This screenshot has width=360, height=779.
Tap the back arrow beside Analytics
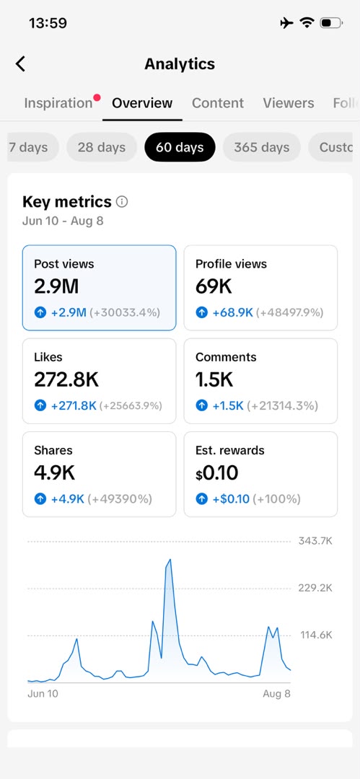coord(20,64)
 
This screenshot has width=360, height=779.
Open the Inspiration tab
coord(58,103)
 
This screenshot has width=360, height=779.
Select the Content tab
coord(218,103)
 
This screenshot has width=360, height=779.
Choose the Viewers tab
coord(289,103)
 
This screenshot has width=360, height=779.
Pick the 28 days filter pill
coord(102,147)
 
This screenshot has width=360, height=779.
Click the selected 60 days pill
coord(180,147)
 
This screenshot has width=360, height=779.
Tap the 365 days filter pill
coord(262,147)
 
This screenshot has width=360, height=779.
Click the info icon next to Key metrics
coord(122,202)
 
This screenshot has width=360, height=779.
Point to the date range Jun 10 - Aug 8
coord(63,221)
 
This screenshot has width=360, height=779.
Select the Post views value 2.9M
coord(56,286)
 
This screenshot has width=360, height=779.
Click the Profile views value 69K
coord(214,286)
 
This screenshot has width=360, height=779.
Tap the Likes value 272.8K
coord(66,379)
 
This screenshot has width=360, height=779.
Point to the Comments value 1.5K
coord(214,379)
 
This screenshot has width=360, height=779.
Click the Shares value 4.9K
coord(54,473)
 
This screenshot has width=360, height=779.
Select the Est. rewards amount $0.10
coord(217,473)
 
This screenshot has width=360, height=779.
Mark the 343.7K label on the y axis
coord(315,541)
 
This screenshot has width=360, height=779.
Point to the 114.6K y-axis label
coord(316,635)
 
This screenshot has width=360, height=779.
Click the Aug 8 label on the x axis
coord(276,694)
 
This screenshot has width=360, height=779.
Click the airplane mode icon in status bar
coord(287,23)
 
